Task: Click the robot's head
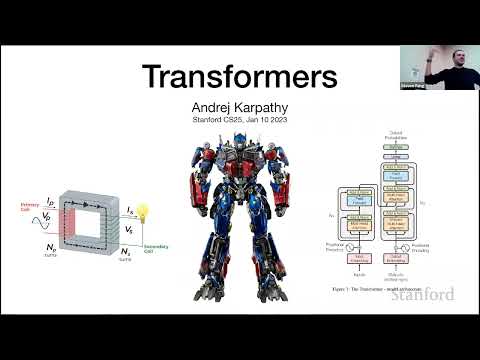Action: (x=233, y=149)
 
